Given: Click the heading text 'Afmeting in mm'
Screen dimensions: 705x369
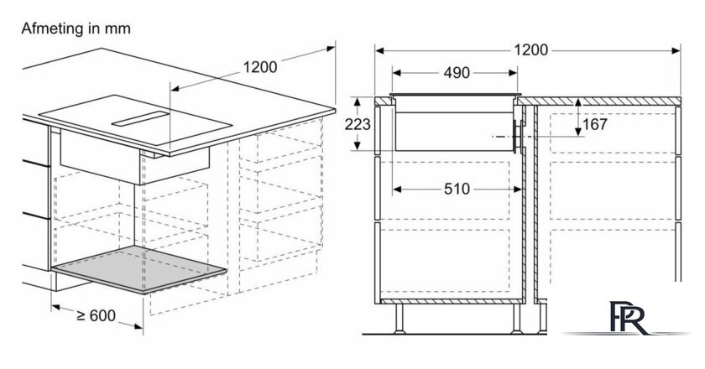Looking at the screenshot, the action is pos(76,29).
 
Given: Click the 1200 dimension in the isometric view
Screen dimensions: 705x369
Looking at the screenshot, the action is pos(260,67).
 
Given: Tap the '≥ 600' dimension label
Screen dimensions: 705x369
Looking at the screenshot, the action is pos(97,315).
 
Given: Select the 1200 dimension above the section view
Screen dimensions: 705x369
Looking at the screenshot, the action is pos(531,49).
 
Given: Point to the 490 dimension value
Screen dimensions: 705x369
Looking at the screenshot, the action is pos(457,73).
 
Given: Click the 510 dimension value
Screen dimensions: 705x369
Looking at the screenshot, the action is pos(457,190).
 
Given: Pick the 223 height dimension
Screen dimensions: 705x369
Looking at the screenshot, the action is pos(358,124).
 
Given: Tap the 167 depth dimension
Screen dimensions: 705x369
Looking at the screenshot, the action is pos(595,124).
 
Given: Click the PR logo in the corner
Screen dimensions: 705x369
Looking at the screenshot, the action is pos(629,318).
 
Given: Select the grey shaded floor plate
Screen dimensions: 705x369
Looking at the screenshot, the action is pos(139,269).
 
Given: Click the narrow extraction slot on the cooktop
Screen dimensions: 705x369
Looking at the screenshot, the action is pos(141,119).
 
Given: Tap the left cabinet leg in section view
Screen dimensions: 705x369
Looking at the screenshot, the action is pos(399,319).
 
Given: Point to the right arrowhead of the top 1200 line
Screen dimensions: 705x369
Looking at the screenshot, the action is pos(676,50).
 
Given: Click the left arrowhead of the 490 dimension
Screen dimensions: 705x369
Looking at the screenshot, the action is pos(396,73).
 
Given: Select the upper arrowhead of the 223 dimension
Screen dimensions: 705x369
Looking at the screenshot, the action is pos(358,102).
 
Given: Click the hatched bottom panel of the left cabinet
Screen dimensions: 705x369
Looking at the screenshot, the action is pos(452,301).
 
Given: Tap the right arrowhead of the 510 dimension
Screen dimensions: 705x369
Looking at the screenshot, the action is pos(517,190).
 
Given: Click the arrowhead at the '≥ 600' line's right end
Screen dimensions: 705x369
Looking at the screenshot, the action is pos(138,326).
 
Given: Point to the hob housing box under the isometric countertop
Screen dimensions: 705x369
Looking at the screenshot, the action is pos(134,158).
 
